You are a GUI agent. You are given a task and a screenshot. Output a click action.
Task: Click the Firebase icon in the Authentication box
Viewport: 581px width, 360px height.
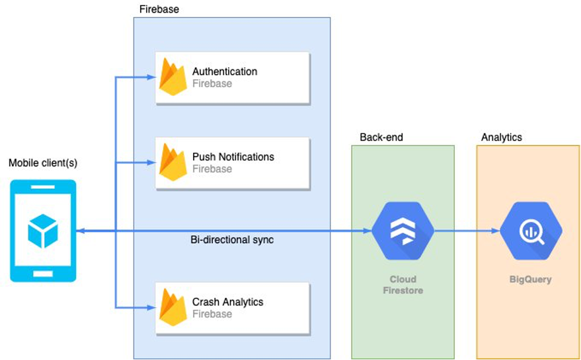(x=173, y=77)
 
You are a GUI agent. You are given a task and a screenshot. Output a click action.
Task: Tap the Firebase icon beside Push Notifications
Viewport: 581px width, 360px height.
(x=173, y=162)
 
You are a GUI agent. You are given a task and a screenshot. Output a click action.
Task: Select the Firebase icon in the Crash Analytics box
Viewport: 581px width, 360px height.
(x=173, y=308)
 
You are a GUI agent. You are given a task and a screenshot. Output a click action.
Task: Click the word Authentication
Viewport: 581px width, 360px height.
(x=225, y=71)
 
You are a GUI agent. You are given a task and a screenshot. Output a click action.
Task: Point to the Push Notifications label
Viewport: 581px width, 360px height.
(x=233, y=157)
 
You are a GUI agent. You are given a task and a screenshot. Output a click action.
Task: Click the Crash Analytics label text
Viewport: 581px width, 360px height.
(x=227, y=302)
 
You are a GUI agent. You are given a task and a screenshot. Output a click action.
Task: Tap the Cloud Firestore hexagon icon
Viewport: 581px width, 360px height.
(x=403, y=231)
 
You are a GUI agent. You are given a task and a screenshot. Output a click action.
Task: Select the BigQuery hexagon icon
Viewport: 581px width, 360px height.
(x=531, y=231)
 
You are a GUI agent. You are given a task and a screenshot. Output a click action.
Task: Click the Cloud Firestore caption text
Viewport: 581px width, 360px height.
(x=403, y=285)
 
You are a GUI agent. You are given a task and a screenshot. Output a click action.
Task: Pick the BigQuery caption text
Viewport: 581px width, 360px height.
(x=530, y=279)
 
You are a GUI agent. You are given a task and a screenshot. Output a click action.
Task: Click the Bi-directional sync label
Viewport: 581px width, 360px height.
(x=232, y=240)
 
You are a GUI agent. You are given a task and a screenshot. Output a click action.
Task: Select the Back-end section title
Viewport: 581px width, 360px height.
(x=381, y=137)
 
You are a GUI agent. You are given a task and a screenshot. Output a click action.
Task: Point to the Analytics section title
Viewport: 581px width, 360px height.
(x=501, y=137)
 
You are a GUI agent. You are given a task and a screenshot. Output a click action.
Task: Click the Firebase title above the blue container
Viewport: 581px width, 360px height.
(x=159, y=9)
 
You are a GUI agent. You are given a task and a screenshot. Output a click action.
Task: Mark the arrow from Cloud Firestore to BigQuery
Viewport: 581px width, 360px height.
(x=467, y=231)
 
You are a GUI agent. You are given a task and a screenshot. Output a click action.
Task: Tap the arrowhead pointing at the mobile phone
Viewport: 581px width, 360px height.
(x=80, y=231)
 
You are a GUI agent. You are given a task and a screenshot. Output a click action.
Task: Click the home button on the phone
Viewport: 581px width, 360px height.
(x=43, y=272)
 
